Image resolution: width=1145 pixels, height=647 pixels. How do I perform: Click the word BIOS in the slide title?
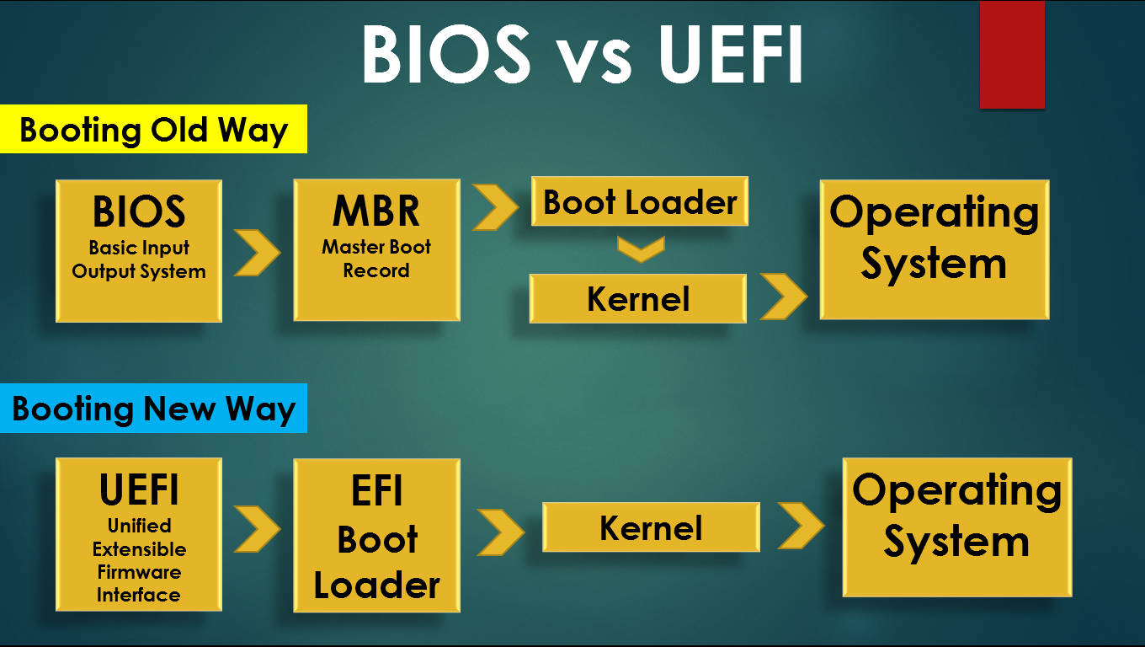coord(446,54)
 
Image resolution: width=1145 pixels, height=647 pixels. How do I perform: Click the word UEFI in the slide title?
coord(732,54)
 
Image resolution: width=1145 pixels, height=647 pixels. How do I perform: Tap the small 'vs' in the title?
coord(594,61)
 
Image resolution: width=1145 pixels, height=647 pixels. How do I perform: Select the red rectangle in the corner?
coord(1012,54)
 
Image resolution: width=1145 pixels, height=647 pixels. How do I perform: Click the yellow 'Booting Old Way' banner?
coord(153,129)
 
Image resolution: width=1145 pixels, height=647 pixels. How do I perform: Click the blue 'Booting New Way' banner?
coord(153,408)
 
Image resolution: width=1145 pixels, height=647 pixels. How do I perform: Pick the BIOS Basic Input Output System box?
coord(139,250)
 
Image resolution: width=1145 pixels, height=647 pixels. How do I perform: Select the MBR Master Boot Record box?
coord(376,250)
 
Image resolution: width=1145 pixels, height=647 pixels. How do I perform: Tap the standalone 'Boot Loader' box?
coord(640,201)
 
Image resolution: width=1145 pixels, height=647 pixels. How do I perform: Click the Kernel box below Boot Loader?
coord(638,299)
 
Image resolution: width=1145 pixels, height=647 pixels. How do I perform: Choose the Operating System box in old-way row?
coord(935,249)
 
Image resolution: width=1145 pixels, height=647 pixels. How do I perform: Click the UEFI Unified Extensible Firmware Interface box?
coord(139,534)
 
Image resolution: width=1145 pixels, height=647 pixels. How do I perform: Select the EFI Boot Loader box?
coord(376,536)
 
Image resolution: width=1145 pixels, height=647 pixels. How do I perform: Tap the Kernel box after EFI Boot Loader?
coord(651,527)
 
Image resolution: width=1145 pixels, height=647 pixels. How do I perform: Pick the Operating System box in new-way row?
coord(957,527)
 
